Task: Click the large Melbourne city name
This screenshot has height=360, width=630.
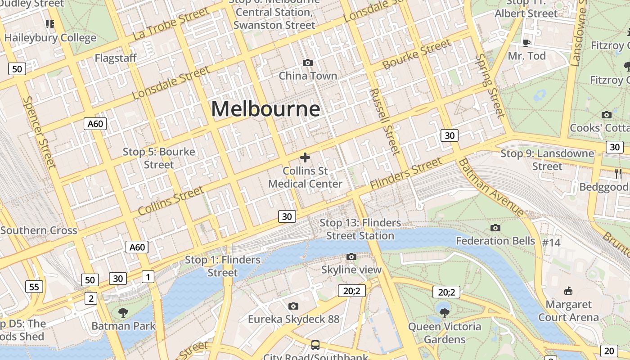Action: (265, 109)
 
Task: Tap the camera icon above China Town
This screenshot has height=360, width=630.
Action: (308, 63)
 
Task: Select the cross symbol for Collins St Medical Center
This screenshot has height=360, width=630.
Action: (305, 157)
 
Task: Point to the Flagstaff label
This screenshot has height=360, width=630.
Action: (116, 58)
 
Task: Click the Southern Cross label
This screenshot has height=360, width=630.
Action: (39, 231)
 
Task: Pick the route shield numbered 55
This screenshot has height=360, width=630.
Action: (34, 287)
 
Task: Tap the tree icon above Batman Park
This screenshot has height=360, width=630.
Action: (123, 312)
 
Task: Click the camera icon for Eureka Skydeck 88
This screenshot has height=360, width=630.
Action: (293, 306)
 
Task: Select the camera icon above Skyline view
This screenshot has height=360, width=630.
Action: (351, 256)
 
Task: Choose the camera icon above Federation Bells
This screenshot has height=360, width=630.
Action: (495, 228)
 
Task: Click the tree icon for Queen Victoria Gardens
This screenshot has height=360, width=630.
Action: (445, 313)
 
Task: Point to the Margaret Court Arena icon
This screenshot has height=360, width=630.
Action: (568, 291)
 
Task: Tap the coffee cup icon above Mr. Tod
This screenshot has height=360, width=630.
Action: (526, 43)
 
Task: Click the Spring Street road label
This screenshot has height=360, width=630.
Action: (490, 85)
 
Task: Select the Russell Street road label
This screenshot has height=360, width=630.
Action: (385, 121)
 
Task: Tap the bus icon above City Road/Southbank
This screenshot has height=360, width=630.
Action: (315, 345)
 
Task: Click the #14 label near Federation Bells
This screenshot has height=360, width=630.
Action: (551, 243)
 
